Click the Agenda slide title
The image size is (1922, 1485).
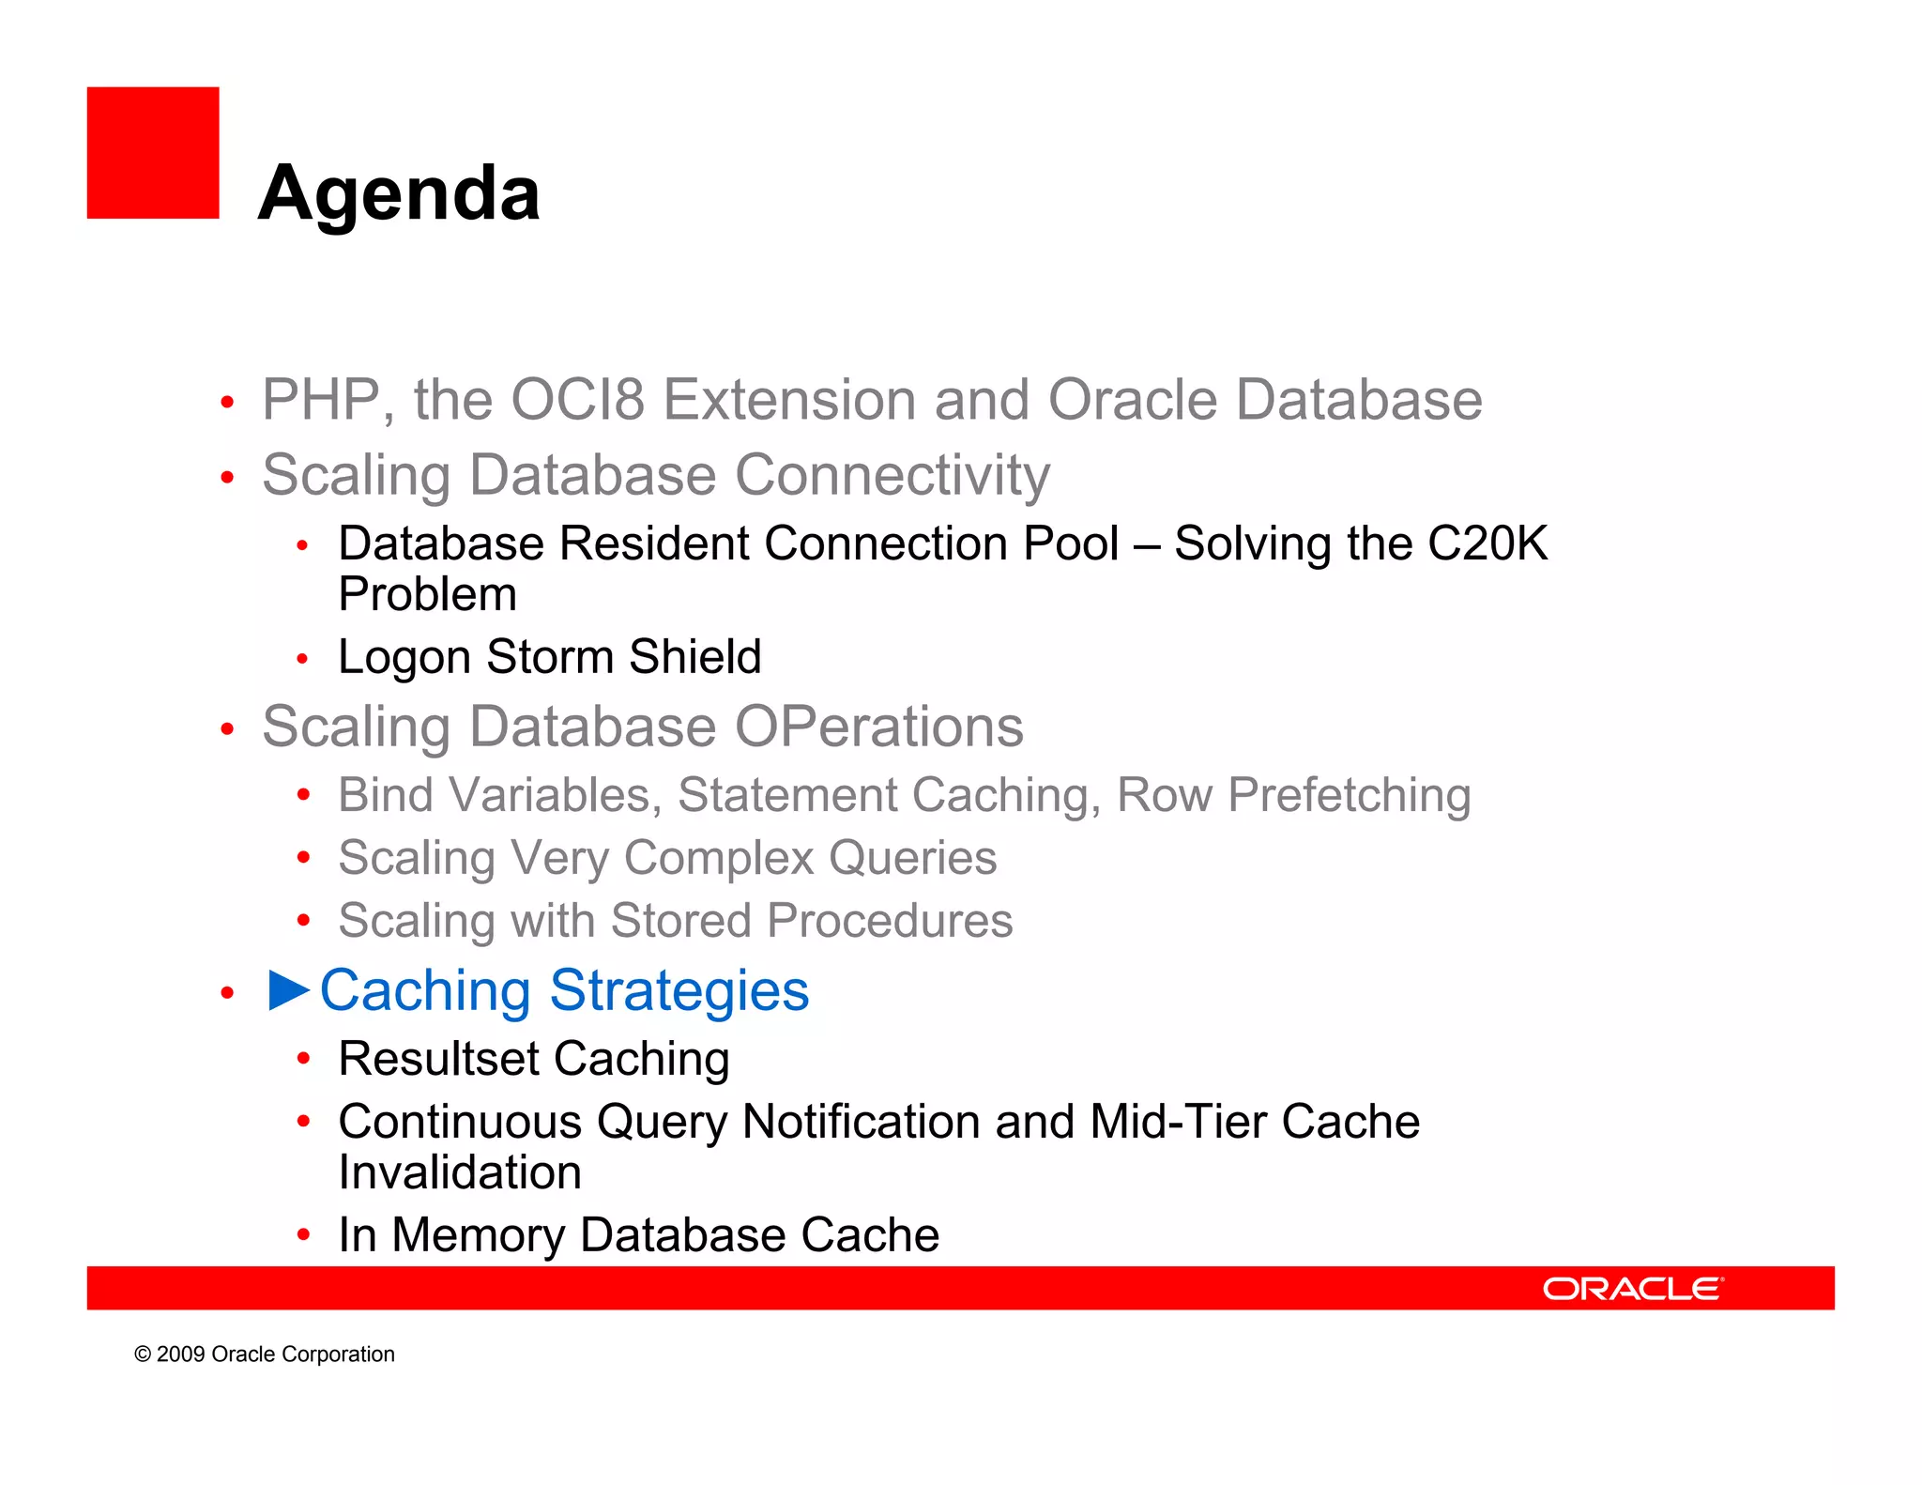point(399,193)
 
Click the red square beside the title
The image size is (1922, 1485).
point(153,153)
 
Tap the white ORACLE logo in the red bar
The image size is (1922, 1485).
point(1633,1289)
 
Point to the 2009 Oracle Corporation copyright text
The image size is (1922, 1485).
point(265,1355)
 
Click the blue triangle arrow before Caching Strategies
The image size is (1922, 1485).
point(288,990)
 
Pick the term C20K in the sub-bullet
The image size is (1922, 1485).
point(1487,543)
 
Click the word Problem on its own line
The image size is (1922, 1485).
point(428,594)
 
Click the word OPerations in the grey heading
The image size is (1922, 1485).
point(878,727)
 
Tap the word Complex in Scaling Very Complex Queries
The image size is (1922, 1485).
point(718,858)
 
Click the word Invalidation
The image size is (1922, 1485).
point(460,1172)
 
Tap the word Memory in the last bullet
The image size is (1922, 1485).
point(479,1235)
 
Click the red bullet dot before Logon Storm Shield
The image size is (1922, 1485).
point(302,659)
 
